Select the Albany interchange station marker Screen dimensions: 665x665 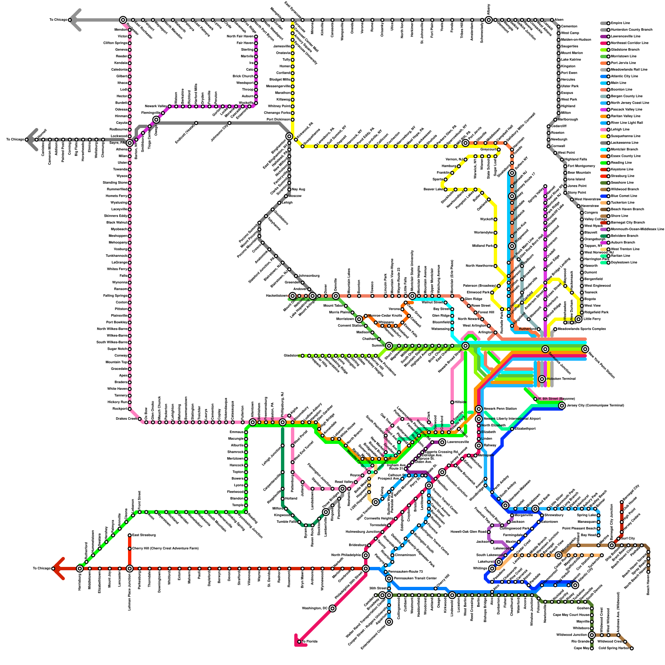point(489,20)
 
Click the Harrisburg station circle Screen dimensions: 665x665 point(80,568)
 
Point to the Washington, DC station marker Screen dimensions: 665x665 point(332,608)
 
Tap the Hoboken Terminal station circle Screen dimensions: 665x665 point(542,379)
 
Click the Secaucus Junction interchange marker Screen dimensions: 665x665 point(545,349)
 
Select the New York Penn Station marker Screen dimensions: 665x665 point(585,349)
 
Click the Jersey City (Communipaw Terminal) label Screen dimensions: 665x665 point(595,405)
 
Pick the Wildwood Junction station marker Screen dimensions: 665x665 point(592,635)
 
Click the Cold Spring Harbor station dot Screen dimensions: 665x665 point(632,648)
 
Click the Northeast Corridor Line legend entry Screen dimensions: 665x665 point(630,43)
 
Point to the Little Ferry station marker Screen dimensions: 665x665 point(579,319)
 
